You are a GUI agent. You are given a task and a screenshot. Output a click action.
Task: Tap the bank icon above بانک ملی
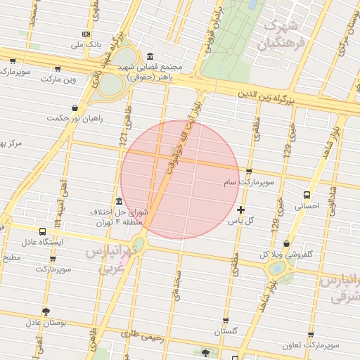click(86, 34)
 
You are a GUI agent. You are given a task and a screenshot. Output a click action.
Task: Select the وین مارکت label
click(58, 79)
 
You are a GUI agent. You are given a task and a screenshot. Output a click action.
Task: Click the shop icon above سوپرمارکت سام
click(249, 171)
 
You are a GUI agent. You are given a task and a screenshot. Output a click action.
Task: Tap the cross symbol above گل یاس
click(241, 210)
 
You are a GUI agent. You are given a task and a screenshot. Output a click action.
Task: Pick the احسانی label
click(307, 207)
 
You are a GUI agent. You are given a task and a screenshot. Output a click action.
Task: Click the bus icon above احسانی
click(307, 195)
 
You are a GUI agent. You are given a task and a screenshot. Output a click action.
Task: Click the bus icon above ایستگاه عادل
click(43, 231)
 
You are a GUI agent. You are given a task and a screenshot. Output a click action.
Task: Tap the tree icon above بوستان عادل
click(46, 311)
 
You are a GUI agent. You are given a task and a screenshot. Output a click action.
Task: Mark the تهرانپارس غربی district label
click(108, 259)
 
